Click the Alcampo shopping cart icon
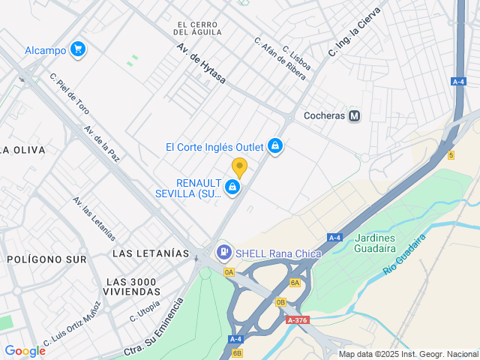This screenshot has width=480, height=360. [77, 50]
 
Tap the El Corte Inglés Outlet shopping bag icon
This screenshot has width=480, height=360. [275, 145]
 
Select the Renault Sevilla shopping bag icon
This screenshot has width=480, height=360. [232, 187]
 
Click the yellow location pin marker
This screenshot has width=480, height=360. [239, 167]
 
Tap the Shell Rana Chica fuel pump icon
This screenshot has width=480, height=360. [223, 253]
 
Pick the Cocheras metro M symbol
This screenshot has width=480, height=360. [355, 116]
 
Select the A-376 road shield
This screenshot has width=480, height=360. [296, 320]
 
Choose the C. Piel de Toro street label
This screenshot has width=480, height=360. [69, 93]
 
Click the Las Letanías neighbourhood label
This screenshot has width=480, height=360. [150, 253]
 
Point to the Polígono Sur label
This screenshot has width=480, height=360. [46, 259]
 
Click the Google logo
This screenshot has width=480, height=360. [25, 350]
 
